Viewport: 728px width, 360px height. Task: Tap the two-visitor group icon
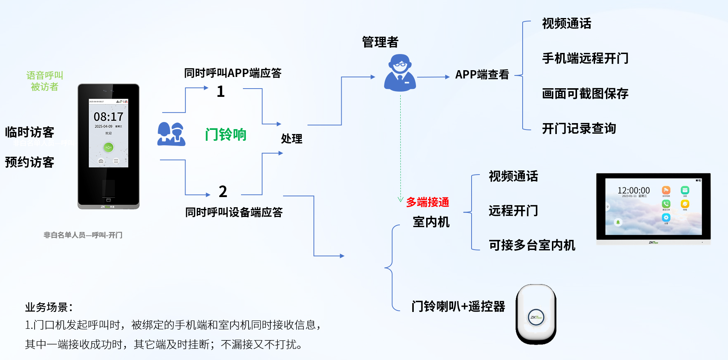point(171,134)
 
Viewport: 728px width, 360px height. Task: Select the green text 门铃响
point(226,134)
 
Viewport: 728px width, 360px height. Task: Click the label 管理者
point(380,42)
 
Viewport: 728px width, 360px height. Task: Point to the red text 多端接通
point(427,202)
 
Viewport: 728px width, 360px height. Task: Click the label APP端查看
point(482,75)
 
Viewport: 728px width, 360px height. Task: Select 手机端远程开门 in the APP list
point(585,58)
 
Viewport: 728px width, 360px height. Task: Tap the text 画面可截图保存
point(585,93)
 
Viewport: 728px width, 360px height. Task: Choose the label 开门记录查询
point(579,128)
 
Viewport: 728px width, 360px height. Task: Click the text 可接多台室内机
point(532,245)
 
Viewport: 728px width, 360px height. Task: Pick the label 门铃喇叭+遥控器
point(458,306)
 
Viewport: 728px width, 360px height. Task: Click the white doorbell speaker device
point(536,315)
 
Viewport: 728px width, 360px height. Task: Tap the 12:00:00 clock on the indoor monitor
point(633,190)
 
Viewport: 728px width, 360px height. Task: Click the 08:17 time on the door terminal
point(109,117)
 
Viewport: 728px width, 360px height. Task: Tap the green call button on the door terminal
point(109,147)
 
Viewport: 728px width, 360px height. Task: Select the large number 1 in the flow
point(221,92)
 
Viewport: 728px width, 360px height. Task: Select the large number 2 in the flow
point(223,192)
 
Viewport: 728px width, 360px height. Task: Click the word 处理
point(292,139)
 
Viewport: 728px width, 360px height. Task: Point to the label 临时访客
point(30,132)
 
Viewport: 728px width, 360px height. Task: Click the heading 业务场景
point(48,307)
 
